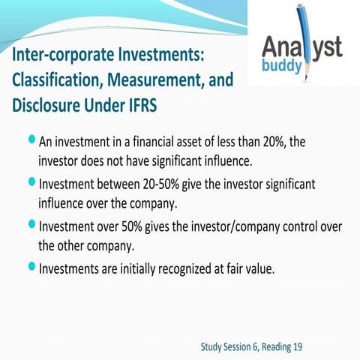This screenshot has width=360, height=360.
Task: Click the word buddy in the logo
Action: pyautogui.click(x=280, y=67)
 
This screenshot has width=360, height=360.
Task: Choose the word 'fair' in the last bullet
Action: pyautogui.click(x=244, y=268)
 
